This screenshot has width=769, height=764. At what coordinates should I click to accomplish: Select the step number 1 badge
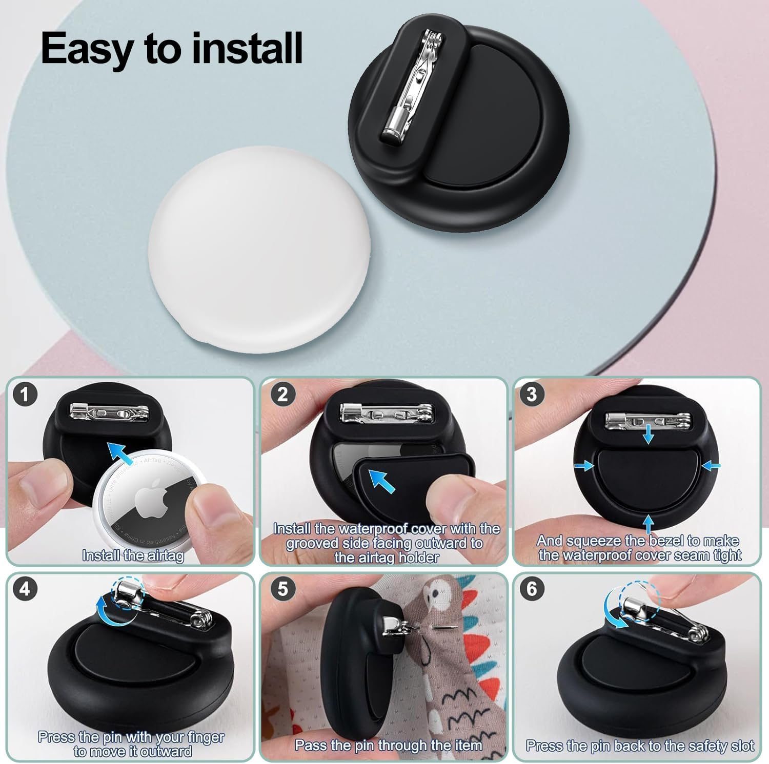click(25, 395)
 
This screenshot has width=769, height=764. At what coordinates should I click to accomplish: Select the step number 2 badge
click(282, 395)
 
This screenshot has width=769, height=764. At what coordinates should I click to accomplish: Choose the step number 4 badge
click(25, 589)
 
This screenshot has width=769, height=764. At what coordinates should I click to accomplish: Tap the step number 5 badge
click(282, 589)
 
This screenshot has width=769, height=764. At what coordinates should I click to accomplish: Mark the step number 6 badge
click(532, 589)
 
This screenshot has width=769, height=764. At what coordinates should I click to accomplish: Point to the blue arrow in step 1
click(124, 453)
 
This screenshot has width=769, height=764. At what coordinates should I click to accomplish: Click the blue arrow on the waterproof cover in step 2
click(382, 481)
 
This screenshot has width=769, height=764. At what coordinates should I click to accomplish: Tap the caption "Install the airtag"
click(133, 555)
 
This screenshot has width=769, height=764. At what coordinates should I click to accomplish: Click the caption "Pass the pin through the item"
click(388, 745)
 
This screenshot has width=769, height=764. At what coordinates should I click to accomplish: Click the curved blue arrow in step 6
click(613, 610)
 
